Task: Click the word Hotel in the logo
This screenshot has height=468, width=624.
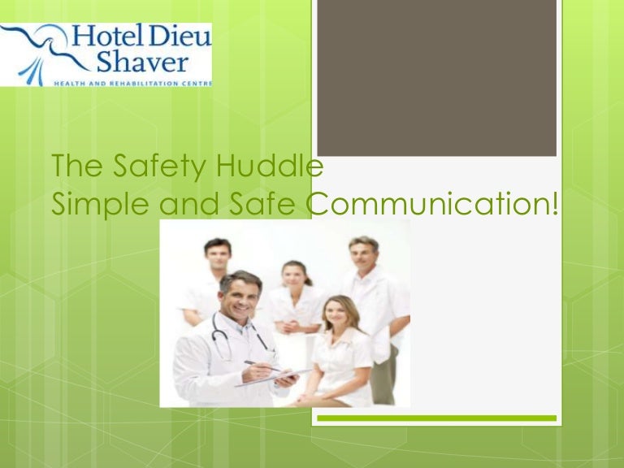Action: (x=103, y=37)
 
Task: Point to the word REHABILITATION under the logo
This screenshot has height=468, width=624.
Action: (x=135, y=82)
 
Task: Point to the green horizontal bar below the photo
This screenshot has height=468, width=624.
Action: (x=435, y=418)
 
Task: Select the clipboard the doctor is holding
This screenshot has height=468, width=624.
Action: (x=276, y=375)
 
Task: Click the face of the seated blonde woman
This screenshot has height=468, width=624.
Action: (x=340, y=314)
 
